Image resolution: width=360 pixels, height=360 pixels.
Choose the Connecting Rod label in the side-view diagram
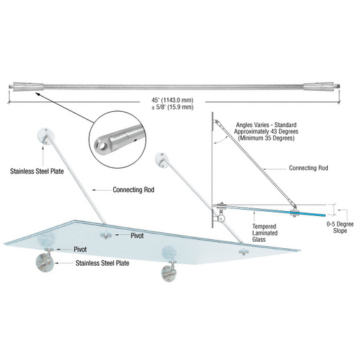[x=309, y=168]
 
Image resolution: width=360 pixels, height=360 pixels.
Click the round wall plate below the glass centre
[x=170, y=270]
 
